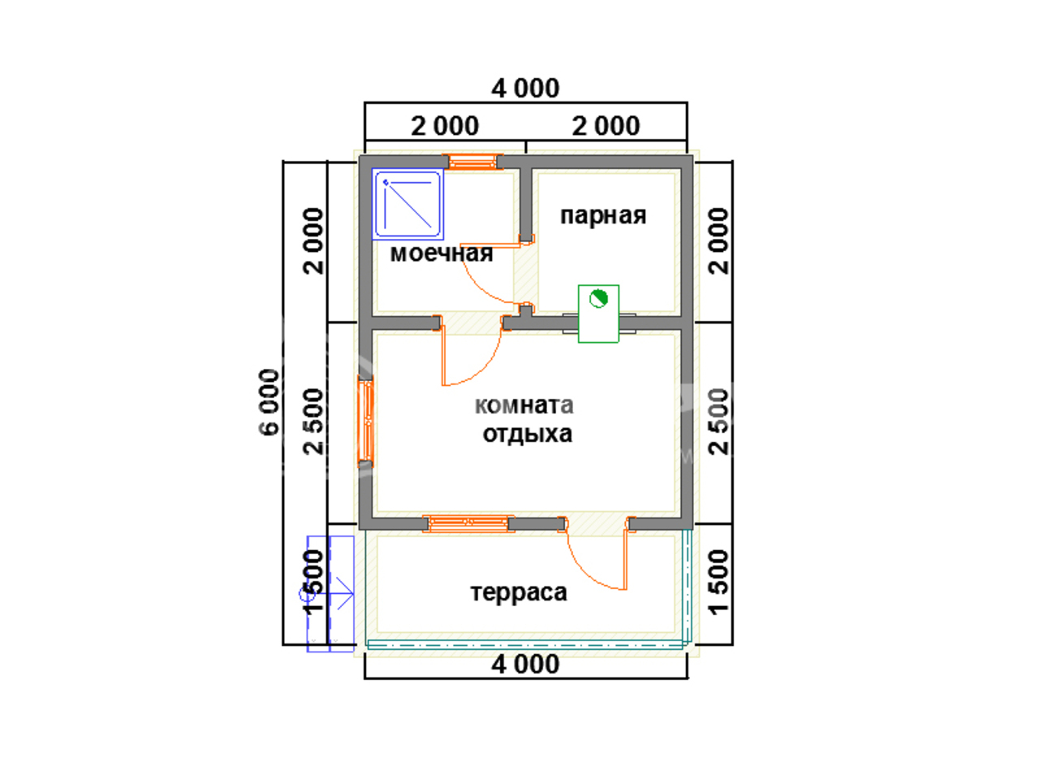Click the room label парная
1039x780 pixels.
pos(602,216)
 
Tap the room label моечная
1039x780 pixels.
pos(441,253)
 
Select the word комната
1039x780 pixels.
pos(524,405)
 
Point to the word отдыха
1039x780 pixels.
pos(527,434)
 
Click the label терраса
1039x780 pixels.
pos(519,592)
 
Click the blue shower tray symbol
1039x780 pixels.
pos(407,204)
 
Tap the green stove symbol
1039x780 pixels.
pos(598,314)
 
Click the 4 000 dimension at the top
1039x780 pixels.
pos(525,89)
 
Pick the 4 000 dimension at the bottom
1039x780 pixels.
pos(525,664)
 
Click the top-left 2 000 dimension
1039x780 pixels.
pos(445,127)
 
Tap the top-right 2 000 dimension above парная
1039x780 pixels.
pos(606,127)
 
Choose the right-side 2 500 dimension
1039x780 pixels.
pos(719,422)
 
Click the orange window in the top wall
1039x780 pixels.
pos(473,162)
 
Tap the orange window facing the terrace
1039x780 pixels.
pos(468,523)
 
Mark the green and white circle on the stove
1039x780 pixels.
pos(598,299)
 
